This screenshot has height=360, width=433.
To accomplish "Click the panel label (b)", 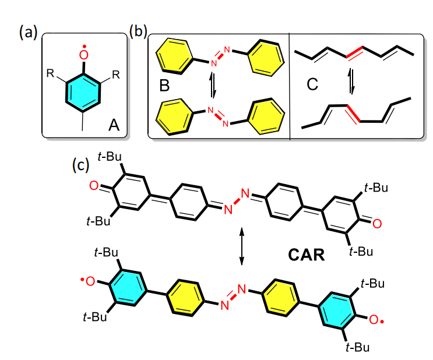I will pyautogui.click(x=139, y=32).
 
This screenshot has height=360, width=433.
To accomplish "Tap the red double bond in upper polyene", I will pyautogui.click(x=353, y=55).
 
